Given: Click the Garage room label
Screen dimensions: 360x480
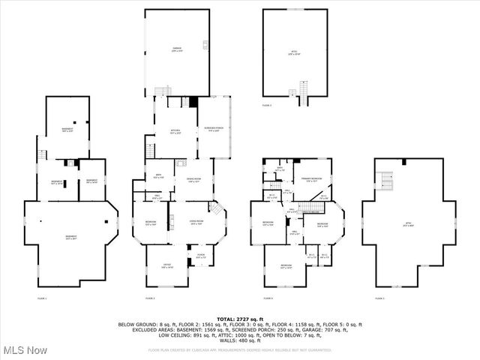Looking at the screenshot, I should tap(176, 49).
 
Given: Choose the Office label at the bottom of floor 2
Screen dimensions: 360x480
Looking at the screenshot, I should tap(166, 266).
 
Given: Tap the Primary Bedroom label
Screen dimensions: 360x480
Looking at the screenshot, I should tap(312, 179).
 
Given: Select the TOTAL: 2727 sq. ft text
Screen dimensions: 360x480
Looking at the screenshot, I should tap(239, 319).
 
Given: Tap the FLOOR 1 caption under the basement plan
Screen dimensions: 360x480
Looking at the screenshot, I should tap(42, 298).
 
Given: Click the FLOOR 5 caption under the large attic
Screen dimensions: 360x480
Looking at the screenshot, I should tap(379, 298).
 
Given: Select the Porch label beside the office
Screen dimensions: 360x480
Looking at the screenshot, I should tap(201, 257).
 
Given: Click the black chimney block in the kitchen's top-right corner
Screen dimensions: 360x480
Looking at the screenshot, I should tap(192, 102).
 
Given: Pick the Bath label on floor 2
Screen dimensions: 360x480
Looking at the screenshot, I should tap(158, 177).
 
